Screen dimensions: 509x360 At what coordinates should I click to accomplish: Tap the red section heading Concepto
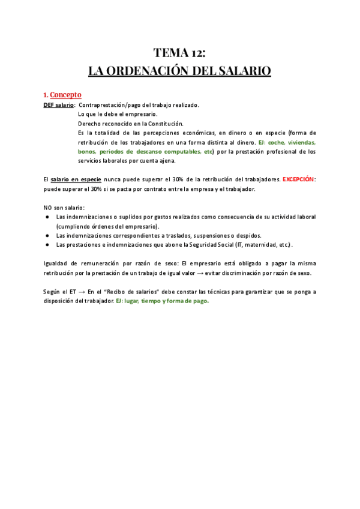[65, 95]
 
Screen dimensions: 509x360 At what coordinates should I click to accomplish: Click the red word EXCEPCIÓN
[298, 179]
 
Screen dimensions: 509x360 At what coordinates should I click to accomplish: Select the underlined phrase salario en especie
[76, 179]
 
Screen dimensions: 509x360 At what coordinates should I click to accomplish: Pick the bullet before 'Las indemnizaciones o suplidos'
[47, 217]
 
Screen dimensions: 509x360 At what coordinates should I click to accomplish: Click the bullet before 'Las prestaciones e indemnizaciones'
[47, 245]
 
